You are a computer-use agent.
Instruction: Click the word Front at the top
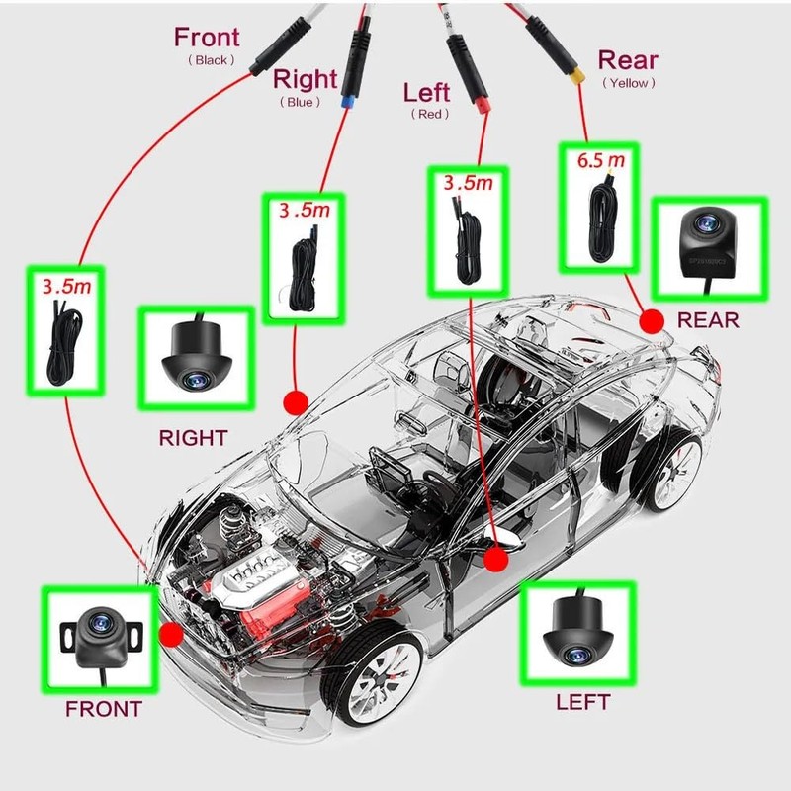[x=207, y=38]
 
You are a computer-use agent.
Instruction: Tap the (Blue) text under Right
[x=300, y=102]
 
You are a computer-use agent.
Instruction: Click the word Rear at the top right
[x=628, y=61]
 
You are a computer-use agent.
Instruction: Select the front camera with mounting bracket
[x=99, y=635]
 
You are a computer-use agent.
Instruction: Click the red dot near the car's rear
[x=652, y=320]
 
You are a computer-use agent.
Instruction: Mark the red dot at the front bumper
[x=171, y=634]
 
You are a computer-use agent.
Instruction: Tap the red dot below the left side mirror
[x=496, y=561]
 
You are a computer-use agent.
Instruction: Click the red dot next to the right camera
[x=294, y=401]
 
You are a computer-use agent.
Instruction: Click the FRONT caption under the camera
[x=103, y=709]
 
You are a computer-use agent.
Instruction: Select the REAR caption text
[x=708, y=320]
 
